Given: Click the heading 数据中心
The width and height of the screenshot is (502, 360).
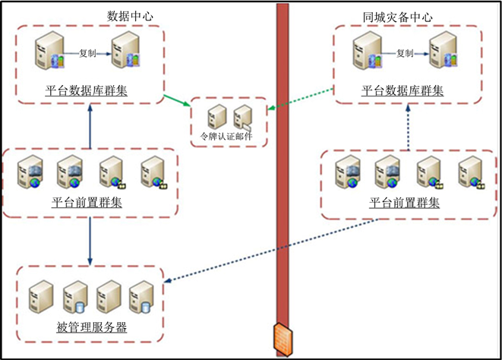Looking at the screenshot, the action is pyautogui.click(x=130, y=16).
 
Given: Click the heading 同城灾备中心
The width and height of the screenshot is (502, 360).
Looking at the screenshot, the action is pyautogui.click(x=397, y=17).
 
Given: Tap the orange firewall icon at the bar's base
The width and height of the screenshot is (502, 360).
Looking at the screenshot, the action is pyautogui.click(x=283, y=339).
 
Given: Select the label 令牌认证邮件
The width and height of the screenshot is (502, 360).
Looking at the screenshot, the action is pyautogui.click(x=226, y=136).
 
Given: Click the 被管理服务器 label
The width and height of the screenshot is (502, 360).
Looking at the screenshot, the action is pyautogui.click(x=92, y=327).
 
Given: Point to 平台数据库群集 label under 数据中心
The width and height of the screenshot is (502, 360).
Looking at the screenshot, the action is pyautogui.click(x=86, y=90).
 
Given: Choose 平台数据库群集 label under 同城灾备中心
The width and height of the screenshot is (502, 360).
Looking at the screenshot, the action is pyautogui.click(x=403, y=90).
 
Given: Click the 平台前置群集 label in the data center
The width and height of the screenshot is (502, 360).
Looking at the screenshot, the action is pyautogui.click(x=87, y=203).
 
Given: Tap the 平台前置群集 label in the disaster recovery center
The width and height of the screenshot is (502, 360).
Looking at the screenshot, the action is pyautogui.click(x=404, y=203).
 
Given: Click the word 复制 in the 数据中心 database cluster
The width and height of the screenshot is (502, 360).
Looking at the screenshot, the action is pyautogui.click(x=87, y=53).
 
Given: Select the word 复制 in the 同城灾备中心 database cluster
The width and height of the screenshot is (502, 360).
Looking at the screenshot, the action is pyautogui.click(x=405, y=53).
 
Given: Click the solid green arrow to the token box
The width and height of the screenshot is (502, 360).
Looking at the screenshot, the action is pyautogui.click(x=177, y=100).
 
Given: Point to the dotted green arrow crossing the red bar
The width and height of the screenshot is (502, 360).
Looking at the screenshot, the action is pyautogui.click(x=301, y=99).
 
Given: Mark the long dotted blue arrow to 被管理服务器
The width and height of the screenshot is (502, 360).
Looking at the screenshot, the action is pyautogui.click(x=271, y=251).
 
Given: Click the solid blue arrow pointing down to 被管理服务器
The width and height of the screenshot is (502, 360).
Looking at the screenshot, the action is pyautogui.click(x=90, y=242).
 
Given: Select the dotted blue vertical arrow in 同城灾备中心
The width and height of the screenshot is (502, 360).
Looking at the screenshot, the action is pyautogui.click(x=408, y=127).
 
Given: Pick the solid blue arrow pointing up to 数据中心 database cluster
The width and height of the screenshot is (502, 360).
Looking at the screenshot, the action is pyautogui.click(x=90, y=126).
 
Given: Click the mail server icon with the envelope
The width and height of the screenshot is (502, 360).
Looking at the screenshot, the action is pyautogui.click(x=243, y=118).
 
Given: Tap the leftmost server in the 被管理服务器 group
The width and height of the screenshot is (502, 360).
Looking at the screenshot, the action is pyautogui.click(x=41, y=297).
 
